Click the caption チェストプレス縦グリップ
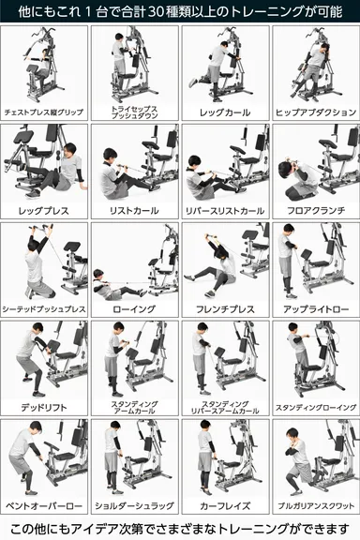44,112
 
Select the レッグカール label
225,112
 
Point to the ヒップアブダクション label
315,112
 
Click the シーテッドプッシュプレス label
44,308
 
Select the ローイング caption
134,308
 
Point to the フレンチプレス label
225,308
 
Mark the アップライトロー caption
315,308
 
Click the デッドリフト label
44,407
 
